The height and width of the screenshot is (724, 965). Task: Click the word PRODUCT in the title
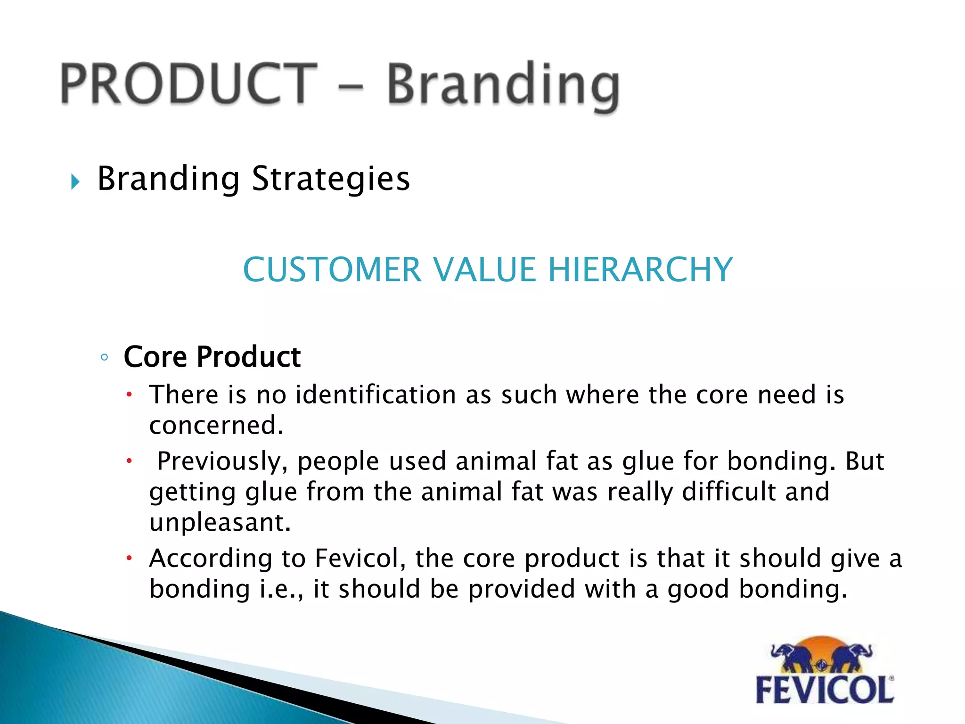(x=188, y=84)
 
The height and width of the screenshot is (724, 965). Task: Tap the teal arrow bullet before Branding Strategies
(x=75, y=181)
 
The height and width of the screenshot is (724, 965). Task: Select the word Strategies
(x=331, y=179)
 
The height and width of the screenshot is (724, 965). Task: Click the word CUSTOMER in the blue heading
(x=332, y=270)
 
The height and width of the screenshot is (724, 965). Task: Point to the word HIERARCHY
(x=640, y=270)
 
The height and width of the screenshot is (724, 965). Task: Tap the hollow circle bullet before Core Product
(x=105, y=357)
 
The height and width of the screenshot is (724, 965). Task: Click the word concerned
(x=216, y=425)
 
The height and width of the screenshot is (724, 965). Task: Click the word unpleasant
(x=220, y=522)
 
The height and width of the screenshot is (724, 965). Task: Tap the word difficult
(x=728, y=492)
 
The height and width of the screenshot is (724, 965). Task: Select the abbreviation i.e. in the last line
(x=280, y=589)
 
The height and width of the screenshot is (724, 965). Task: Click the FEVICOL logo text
(x=825, y=690)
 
